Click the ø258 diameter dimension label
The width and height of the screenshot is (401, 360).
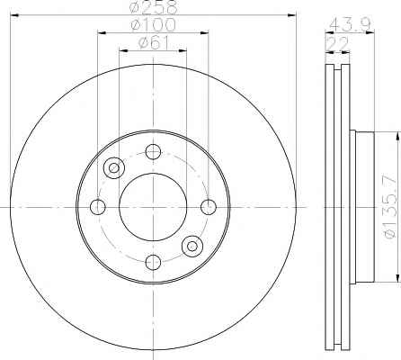155,7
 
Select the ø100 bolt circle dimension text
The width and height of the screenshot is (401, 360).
153,25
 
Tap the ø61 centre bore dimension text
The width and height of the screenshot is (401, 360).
154,42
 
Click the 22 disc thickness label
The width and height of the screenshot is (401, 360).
337,44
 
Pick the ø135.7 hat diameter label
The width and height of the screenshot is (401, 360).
392,207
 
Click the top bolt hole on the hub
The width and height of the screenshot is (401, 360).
153,151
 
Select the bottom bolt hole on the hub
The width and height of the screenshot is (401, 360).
153,262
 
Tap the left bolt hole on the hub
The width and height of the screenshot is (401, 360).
98,207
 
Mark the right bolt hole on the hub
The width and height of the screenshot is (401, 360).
209,207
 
